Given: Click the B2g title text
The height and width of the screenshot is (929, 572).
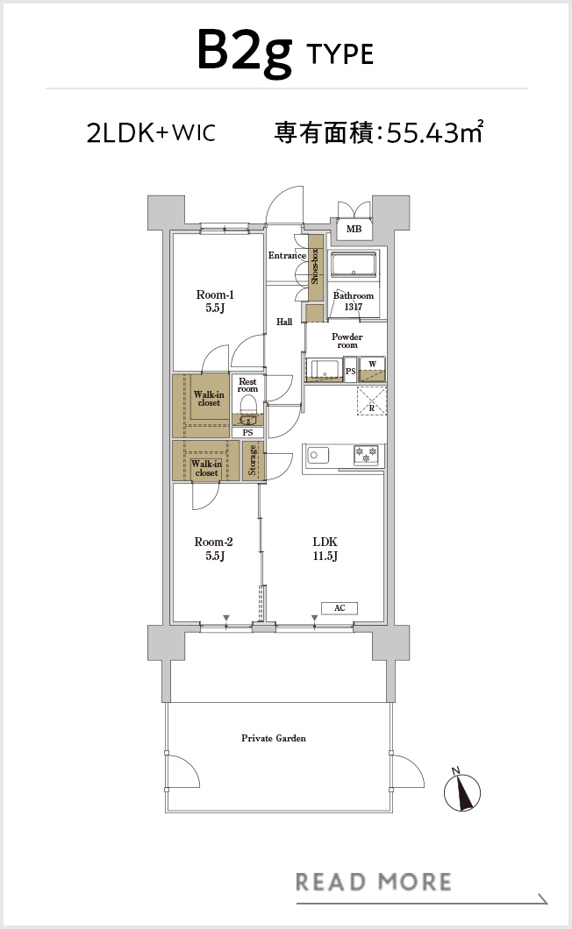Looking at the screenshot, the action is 245,52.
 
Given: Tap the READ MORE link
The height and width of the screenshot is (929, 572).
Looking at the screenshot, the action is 374,882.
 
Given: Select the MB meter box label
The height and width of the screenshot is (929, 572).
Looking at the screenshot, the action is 354,229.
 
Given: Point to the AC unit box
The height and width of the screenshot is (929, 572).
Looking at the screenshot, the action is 340,608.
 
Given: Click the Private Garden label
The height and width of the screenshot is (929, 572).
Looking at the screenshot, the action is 274,738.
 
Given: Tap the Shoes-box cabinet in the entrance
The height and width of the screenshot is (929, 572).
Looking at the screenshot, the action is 315,267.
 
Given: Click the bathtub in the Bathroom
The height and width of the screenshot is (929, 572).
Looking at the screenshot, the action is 354,265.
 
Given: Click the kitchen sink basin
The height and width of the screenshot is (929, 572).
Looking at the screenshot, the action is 318,456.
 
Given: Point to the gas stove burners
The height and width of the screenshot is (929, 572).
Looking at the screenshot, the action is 366,455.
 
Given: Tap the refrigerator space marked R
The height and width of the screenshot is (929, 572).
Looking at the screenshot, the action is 371,401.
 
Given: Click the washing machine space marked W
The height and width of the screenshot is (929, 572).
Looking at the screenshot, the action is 372,368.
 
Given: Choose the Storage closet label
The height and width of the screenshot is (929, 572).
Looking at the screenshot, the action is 253,460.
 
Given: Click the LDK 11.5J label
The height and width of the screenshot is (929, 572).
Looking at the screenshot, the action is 325,548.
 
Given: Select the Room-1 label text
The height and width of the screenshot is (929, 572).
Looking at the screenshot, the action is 215,301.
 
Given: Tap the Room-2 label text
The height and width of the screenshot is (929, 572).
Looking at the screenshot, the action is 213,548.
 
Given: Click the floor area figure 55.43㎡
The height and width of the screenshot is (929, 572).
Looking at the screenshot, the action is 435,132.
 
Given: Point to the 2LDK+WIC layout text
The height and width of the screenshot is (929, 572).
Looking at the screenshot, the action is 151,132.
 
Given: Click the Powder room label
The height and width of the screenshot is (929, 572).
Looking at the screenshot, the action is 347,341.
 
